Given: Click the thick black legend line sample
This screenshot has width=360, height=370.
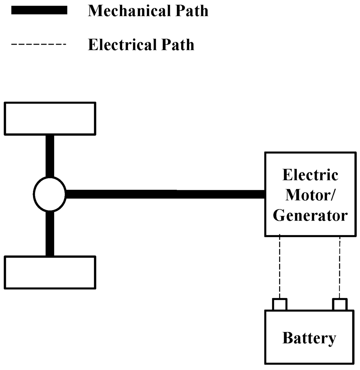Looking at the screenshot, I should tap(39, 11).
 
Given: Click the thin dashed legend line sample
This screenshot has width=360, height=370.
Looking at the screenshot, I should tap(39, 45).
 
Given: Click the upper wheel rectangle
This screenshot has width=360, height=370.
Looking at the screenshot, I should tap(50, 118).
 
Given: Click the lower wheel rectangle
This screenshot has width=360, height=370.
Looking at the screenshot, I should tap(50, 272).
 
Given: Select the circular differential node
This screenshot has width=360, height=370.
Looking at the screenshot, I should tap(50, 194).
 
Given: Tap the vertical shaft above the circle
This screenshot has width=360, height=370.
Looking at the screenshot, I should tap(50, 155).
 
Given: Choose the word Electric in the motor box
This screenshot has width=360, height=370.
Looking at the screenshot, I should tap(310, 175).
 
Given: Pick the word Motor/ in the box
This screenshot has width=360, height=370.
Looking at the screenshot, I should tap(310, 195).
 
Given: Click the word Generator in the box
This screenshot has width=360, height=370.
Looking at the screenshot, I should tap(310, 215).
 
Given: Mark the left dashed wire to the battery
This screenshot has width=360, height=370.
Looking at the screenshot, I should tap(279, 267).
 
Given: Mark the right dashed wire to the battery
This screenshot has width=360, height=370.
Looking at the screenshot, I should tap(340, 267).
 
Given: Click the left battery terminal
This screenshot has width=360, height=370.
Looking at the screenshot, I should tap(280, 304).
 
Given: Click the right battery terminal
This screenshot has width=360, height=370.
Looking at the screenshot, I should tap(340, 304).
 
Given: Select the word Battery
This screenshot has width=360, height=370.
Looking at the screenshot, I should tap(309, 338).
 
